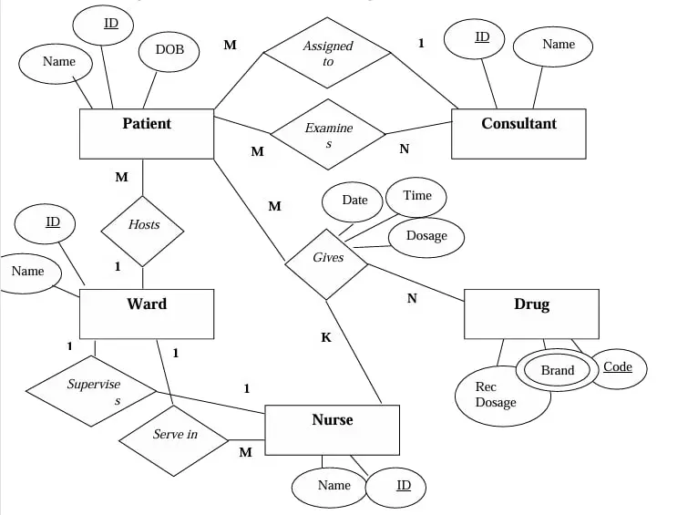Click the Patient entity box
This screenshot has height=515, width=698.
[147, 133]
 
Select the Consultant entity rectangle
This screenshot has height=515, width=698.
[518, 133]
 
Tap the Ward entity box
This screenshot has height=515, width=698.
[147, 314]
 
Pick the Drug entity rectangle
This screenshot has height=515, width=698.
[531, 314]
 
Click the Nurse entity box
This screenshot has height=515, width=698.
[332, 430]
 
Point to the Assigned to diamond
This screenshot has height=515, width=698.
[327, 53]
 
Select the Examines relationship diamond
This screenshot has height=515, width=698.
[328, 134]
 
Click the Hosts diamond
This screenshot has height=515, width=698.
[142, 232]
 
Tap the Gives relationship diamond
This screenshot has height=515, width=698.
[326, 264]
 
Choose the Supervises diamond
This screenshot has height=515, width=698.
[91, 391]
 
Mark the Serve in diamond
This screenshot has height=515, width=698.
[174, 440]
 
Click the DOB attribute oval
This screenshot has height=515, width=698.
[169, 52]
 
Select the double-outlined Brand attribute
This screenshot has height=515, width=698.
[557, 370]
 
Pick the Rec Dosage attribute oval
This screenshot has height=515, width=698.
[503, 396]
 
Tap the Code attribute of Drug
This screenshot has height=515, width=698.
[619, 368]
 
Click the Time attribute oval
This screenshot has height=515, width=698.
[416, 197]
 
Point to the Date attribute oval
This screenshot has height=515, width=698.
[352, 202]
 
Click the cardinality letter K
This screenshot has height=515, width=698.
[326, 337]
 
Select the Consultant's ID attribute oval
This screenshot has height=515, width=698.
[475, 38]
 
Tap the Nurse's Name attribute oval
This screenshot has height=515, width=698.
[330, 488]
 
